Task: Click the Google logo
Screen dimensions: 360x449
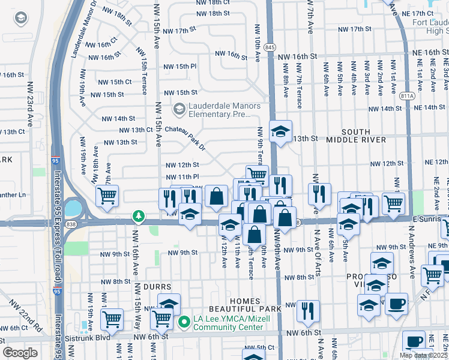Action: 20,353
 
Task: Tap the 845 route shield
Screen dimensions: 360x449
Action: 270,47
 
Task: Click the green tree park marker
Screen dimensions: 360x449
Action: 139,215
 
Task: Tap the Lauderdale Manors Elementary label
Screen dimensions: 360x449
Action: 224,110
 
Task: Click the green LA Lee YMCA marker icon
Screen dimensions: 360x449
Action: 185,323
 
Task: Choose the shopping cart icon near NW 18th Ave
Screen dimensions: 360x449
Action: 107,194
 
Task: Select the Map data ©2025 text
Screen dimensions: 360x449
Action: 424,355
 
